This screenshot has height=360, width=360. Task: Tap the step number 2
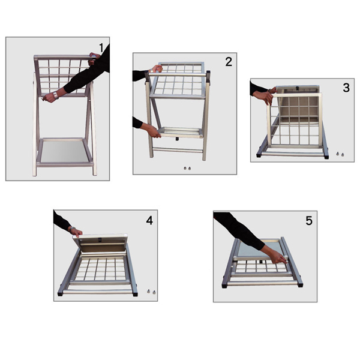click(228, 62)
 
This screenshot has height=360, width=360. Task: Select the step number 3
click(346, 88)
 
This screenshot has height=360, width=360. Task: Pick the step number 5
click(308, 221)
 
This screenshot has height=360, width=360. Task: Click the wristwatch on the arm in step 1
click(54, 95)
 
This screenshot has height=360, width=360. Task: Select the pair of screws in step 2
click(187, 169)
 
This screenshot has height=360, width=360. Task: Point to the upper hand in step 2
click(155, 70)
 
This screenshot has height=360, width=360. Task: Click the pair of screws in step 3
click(340, 154)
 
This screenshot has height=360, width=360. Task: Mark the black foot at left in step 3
click(259, 154)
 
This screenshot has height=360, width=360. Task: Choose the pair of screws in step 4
click(148, 292)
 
